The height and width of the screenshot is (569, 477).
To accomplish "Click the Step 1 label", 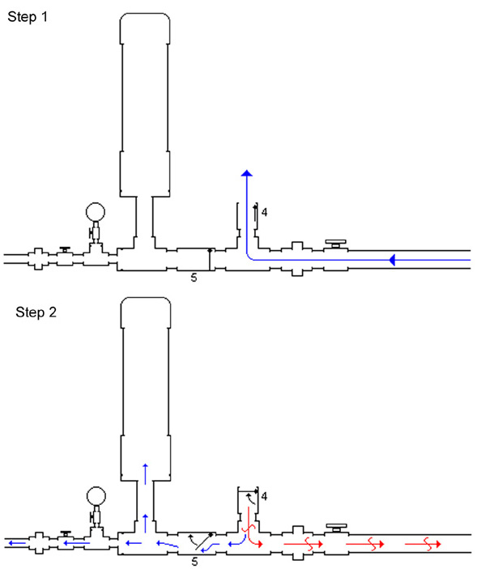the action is (28, 17).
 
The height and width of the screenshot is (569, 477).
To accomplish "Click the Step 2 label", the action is (36, 312).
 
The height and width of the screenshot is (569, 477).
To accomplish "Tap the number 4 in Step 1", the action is (264, 212).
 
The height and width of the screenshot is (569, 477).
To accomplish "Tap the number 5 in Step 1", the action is (194, 278).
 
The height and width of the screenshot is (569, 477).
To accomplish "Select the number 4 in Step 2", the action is (264, 496).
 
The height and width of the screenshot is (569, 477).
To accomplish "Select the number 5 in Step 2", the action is (194, 562).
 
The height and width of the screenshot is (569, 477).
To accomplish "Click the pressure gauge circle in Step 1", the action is (96, 212).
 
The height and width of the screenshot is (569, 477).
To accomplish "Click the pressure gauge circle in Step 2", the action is (96, 496).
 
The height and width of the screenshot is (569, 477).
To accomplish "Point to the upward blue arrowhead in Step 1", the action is (247, 172).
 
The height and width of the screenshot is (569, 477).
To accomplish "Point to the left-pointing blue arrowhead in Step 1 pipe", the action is (392, 260).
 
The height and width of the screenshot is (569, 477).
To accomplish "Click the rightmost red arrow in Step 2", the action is (423, 544).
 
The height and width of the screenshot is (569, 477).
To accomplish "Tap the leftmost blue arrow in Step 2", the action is (17, 543).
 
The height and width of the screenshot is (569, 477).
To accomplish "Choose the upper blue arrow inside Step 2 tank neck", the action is (145, 474).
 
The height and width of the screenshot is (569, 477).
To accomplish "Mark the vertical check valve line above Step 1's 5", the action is (210, 260).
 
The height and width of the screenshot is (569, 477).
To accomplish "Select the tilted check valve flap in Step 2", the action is (204, 541).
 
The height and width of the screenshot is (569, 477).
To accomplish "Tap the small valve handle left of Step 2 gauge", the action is (66, 534).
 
